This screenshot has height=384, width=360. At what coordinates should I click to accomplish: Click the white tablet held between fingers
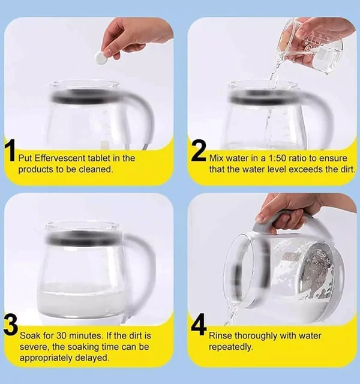tap(100, 58)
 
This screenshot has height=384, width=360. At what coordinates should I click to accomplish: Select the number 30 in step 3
tap(61, 335)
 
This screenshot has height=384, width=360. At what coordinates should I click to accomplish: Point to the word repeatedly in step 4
tap(230, 347)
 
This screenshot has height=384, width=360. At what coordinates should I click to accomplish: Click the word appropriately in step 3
tap(46, 358)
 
